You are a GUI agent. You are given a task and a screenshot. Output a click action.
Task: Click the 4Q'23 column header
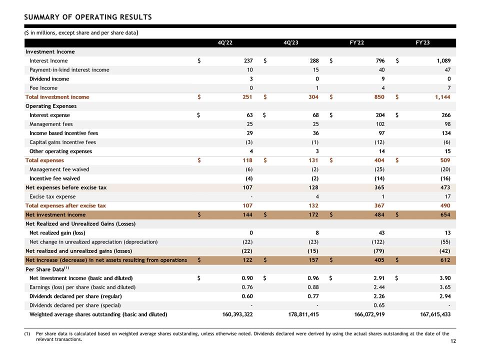290,42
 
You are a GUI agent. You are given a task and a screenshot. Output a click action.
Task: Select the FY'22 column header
356,42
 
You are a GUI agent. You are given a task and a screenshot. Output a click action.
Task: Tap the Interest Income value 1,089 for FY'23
443,60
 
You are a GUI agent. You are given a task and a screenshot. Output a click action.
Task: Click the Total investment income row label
57,97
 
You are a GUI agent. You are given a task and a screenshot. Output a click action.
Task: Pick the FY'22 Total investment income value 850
379,97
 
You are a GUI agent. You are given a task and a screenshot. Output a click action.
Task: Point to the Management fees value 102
380,124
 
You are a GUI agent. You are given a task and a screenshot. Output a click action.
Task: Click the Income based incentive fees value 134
446,133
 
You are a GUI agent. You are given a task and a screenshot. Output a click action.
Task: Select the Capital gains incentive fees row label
63,142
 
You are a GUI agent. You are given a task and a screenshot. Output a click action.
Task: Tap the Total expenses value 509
445,160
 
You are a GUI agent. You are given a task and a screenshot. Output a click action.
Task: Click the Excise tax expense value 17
447,196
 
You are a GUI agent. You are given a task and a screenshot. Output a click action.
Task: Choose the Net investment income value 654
445,215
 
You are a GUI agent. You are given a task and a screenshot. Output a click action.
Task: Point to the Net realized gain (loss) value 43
381,233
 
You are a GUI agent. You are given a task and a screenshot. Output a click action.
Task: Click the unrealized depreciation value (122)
378,242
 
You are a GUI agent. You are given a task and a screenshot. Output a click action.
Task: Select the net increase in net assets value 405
379,260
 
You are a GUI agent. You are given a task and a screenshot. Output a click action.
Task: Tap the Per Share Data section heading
47,269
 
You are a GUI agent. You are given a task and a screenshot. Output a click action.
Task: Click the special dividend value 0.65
379,305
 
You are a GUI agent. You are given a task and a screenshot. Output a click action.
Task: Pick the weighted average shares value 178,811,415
303,314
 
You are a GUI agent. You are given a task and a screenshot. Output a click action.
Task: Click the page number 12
453,341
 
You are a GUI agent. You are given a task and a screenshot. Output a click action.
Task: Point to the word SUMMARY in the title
42,17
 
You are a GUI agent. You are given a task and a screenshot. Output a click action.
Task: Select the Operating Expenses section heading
51,106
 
